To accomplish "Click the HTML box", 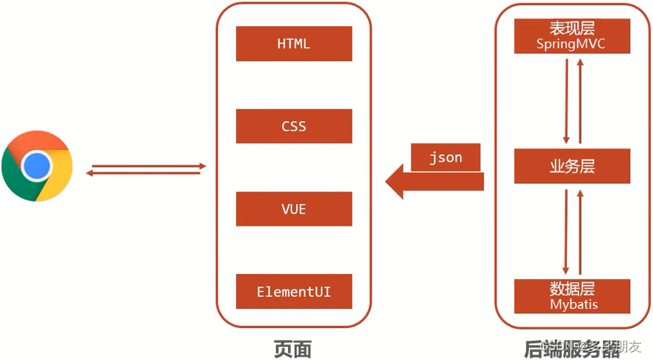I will coord(294,44).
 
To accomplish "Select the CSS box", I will coord(294,126).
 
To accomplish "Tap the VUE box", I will coord(294,209).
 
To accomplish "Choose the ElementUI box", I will coord(294,292).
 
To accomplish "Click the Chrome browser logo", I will coord(36,166).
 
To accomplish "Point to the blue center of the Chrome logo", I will coord(36,166).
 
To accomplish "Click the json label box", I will coord(446,157).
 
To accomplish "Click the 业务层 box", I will coord(572,167).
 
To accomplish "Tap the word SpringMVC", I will coord(571,45).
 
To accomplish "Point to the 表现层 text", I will coord(572,28).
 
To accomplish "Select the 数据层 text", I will coord(572,289).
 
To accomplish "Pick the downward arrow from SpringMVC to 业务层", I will coord(567,101).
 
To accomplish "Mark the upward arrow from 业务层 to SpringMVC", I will coord(580,101).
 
